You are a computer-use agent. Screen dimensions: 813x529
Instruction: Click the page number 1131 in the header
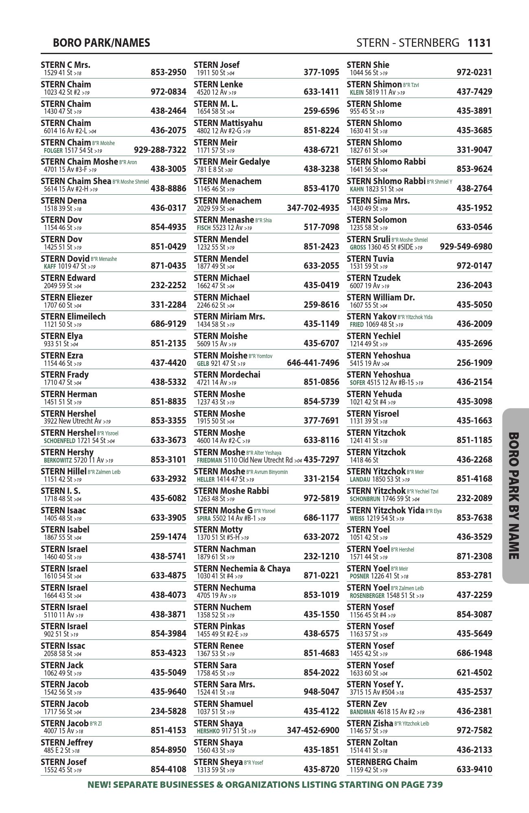(479, 43)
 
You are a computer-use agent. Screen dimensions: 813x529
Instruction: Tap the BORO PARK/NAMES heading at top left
(101, 43)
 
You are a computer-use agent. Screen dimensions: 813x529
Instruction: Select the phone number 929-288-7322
(160, 150)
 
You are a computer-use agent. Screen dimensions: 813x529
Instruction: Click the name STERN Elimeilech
(73, 317)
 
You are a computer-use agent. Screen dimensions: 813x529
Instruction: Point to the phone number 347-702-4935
(313, 208)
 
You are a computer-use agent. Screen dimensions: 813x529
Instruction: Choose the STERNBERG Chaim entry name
(382, 762)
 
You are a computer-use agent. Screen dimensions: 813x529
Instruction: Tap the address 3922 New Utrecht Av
(73, 421)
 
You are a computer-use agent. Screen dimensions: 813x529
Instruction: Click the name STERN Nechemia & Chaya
(242, 569)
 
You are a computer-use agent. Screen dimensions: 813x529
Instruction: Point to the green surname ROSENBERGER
(367, 596)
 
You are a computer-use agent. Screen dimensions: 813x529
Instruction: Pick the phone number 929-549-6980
(466, 247)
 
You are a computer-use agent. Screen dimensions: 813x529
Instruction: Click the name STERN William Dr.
(381, 298)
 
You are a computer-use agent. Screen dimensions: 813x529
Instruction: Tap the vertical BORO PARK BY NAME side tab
(515, 496)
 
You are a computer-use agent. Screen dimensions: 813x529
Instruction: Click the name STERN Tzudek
(374, 278)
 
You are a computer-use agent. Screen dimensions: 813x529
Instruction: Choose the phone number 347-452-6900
(313, 730)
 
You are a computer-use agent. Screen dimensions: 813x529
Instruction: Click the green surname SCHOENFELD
(60, 441)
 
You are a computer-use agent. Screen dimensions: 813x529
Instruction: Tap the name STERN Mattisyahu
(228, 123)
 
